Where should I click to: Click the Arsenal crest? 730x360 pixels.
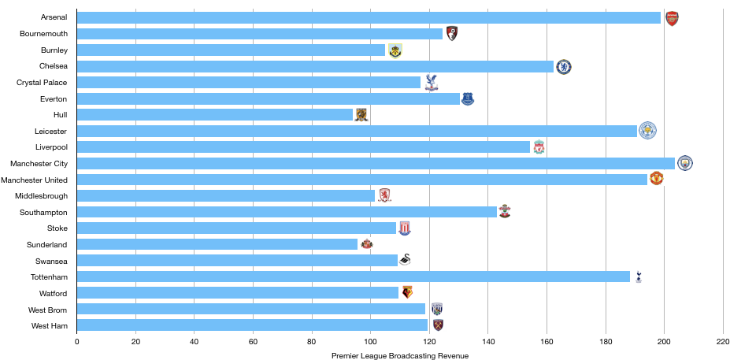[672, 19]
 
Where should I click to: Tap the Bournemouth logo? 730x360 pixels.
[452, 34]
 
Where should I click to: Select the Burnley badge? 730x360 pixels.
[395, 51]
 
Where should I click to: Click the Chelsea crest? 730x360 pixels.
[564, 67]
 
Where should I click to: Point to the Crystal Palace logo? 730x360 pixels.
[432, 82]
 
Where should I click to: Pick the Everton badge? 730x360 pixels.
[468, 98]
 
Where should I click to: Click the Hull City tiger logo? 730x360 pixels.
[361, 115]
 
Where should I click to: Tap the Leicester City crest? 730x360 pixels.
[647, 131]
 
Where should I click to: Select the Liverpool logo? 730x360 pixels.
[539, 147]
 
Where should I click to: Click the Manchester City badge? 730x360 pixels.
[685, 163]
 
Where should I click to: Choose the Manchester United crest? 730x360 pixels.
[656, 179]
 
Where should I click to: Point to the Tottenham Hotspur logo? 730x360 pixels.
[639, 276]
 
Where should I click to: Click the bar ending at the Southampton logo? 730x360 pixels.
[287, 212]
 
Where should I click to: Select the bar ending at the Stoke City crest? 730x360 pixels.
[236, 228]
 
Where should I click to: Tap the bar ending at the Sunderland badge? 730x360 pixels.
[217, 244]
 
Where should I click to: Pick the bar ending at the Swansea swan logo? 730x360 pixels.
[236, 260]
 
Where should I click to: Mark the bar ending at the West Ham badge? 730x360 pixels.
[252, 325]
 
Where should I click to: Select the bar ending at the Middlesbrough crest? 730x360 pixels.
[226, 195]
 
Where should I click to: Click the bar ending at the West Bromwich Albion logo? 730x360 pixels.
[251, 309]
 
